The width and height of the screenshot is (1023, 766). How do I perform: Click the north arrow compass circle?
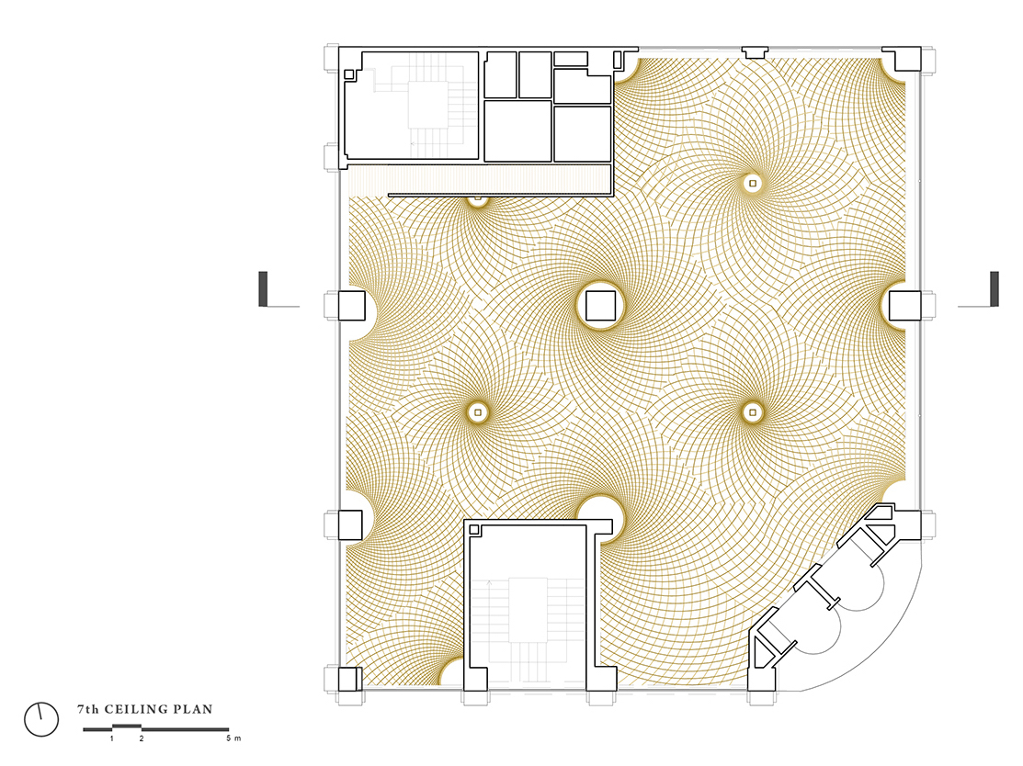tap(41, 720)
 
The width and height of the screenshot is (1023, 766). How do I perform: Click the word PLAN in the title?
tap(196, 709)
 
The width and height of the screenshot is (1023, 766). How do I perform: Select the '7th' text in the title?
tap(88, 709)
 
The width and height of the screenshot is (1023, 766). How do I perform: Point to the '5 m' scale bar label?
tap(233, 738)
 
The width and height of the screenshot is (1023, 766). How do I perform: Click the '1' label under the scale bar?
tap(112, 738)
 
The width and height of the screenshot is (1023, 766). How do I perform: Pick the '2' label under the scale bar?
tap(142, 738)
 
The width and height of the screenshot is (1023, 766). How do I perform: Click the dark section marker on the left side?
tap(263, 288)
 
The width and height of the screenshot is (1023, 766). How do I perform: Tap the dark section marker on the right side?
tap(995, 288)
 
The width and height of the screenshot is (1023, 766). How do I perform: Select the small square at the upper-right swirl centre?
tap(753, 183)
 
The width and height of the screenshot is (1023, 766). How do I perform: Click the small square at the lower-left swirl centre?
tap(478, 412)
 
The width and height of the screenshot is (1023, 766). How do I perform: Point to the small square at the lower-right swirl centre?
tap(753, 412)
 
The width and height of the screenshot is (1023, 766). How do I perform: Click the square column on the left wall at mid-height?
tap(352, 306)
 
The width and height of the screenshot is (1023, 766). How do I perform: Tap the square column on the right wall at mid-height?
tap(905, 306)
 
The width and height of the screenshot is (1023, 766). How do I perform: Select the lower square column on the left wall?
tap(350, 524)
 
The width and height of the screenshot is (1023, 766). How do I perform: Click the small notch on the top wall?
tap(755, 52)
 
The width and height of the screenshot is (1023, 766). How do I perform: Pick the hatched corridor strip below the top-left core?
tap(480, 179)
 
